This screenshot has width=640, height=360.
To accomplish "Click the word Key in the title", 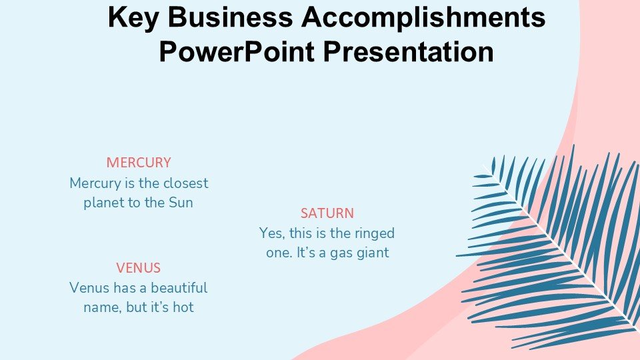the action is (133, 18).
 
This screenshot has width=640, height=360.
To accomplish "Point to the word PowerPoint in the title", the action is (237, 52).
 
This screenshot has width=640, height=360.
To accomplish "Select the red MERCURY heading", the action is (139, 163).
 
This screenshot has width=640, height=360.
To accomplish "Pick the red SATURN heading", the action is (327, 213).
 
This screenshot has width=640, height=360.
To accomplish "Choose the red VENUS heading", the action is (139, 268).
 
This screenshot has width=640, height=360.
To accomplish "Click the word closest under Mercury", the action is (186, 183).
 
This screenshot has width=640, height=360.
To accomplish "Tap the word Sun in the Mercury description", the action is (181, 203).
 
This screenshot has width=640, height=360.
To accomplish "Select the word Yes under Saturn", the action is (271, 233).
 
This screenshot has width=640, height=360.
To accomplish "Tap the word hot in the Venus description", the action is (183, 307).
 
